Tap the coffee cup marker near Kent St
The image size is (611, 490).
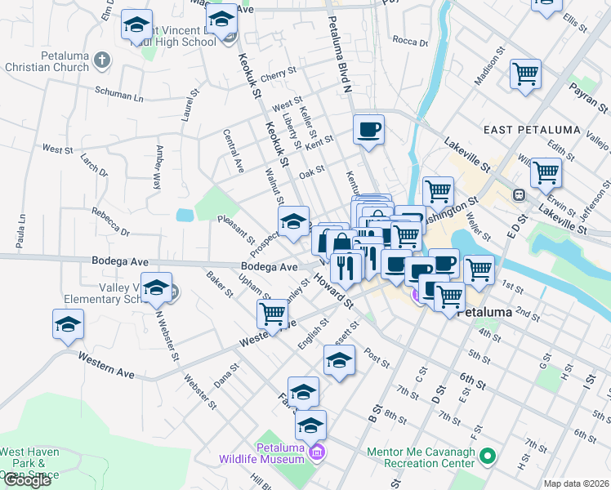click(368, 129)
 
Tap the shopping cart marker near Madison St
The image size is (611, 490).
click(527, 74)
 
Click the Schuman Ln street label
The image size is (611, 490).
click(118, 93)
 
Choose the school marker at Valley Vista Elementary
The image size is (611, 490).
click(156, 287)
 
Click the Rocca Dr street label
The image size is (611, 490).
click(405, 40)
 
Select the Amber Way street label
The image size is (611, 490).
click(155, 167)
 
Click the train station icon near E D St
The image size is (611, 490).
click(518, 195)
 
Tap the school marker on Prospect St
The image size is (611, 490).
click(293, 220)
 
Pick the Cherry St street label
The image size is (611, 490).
click(279, 74)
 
